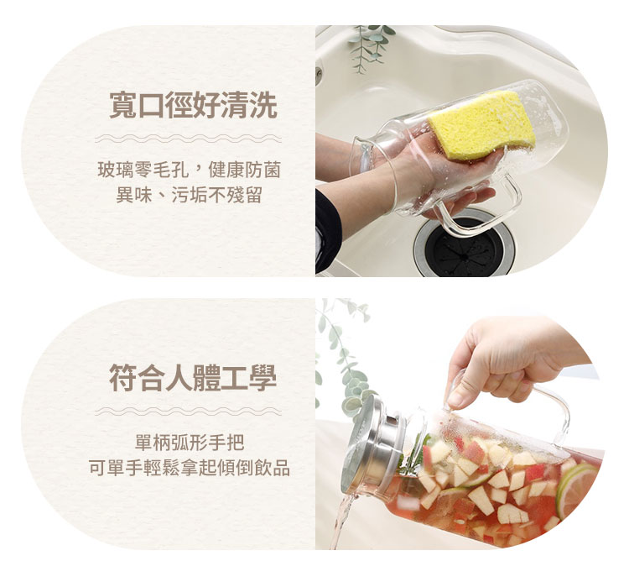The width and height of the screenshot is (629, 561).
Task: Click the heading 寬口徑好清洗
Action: tap(193, 106)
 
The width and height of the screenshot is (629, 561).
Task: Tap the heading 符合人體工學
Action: tap(193, 378)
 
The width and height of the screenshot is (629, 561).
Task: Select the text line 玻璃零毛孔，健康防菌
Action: tap(189, 170)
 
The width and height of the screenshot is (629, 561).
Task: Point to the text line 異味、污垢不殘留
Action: tap(189, 195)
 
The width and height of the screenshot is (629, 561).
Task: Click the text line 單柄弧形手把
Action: tap(190, 443)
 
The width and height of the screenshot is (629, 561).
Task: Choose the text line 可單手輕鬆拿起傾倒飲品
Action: tap(190, 468)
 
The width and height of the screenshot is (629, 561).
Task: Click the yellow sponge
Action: tap(481, 124)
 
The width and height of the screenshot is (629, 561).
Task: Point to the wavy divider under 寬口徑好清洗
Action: tap(188, 139)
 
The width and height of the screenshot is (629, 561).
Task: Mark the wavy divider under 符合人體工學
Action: tap(188, 412)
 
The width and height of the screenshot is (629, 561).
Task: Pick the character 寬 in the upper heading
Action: tap(123, 106)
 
